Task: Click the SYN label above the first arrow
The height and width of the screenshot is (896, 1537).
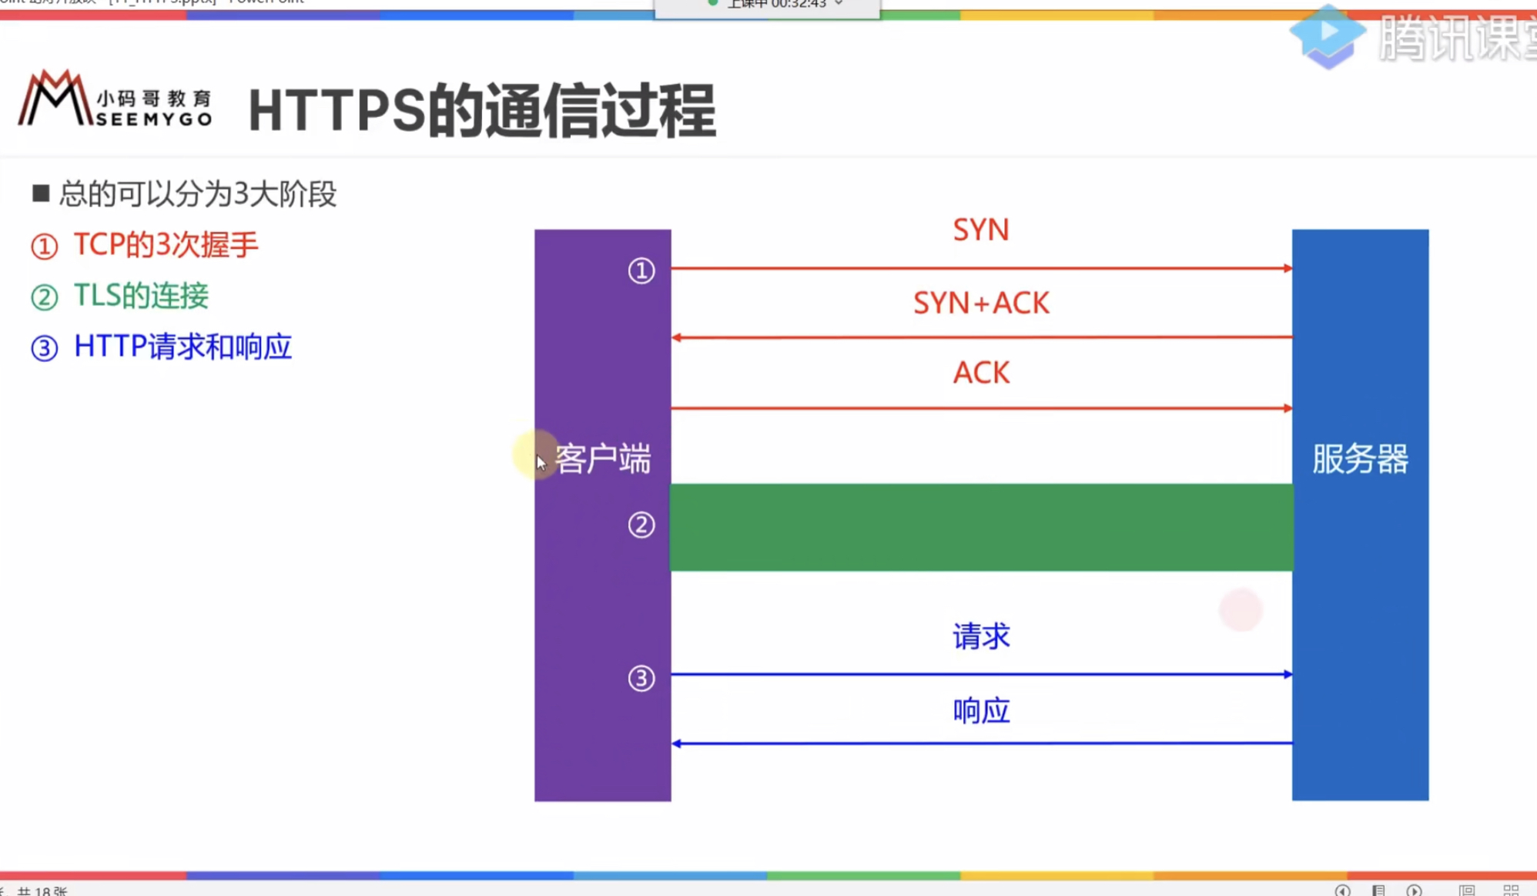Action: tap(980, 230)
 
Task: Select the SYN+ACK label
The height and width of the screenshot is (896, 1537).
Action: tap(980, 303)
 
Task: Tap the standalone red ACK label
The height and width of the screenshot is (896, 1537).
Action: tap(980, 373)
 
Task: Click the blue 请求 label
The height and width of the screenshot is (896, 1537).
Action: tap(980, 636)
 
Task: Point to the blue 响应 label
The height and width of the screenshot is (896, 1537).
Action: tap(980, 710)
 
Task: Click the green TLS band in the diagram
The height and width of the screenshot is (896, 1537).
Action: tap(980, 528)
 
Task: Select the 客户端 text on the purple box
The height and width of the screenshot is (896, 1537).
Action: tap(603, 459)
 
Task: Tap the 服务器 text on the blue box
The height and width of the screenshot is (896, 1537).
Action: tap(1360, 459)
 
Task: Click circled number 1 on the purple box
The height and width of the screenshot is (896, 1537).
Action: tap(641, 270)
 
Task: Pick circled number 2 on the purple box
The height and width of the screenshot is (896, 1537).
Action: tap(641, 525)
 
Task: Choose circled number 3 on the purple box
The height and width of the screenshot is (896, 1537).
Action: tap(641, 679)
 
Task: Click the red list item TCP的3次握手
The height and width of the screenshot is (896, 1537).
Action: tap(165, 245)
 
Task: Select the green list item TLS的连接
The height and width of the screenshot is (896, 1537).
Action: tap(141, 296)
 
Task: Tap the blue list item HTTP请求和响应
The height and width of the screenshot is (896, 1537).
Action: tap(182, 347)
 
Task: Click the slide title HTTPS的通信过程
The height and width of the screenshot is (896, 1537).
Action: tap(482, 111)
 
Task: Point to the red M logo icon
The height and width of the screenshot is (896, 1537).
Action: tap(54, 98)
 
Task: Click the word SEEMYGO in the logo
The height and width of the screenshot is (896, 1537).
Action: tap(154, 119)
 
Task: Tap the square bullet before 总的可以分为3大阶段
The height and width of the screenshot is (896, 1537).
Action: tap(41, 193)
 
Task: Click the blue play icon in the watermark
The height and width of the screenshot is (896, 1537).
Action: tap(1327, 35)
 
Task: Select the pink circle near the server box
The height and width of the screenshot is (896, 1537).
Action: tap(1241, 610)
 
